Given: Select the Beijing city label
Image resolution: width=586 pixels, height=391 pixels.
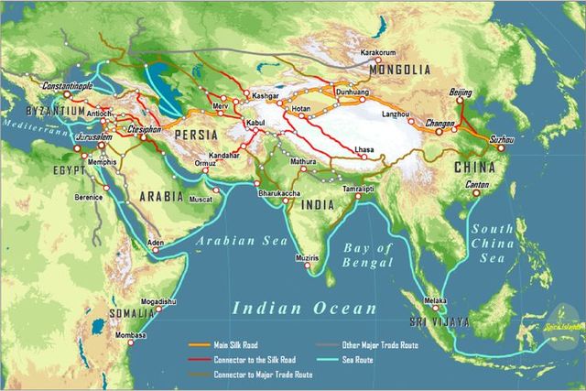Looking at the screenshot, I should (462, 93).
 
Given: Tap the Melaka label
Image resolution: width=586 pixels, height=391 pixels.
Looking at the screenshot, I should (434, 300).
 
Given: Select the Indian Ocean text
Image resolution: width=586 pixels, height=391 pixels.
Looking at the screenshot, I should (304, 309).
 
